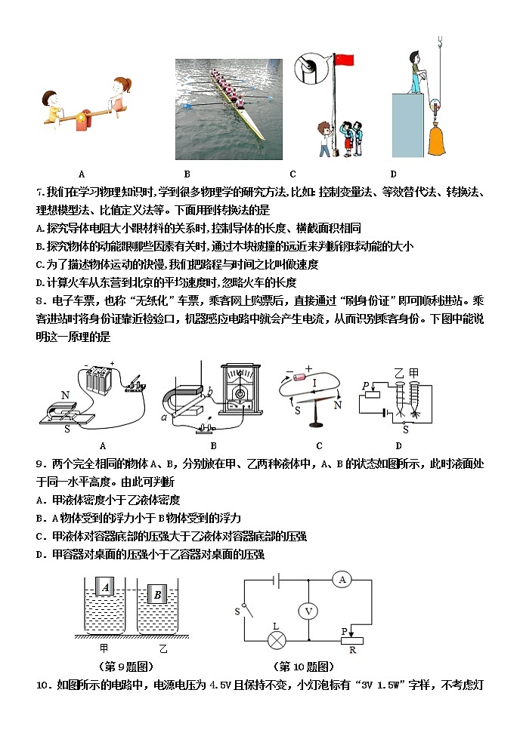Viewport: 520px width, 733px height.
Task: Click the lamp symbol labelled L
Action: (277, 640)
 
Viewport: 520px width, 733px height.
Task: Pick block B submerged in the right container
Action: (159, 596)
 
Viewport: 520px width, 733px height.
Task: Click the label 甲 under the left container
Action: (104, 648)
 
